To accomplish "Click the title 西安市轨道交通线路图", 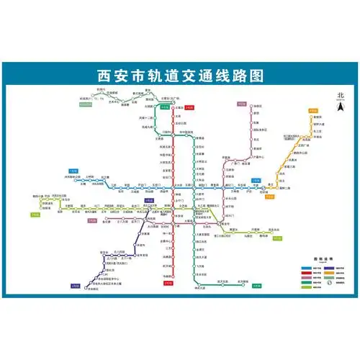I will pyautogui.click(x=180, y=74).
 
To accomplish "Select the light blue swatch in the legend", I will pyautogui.click(x=297, y=267).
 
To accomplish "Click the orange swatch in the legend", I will pyautogui.click(x=317, y=274).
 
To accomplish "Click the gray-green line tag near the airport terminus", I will pyautogui.click(x=84, y=106).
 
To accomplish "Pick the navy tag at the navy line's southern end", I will pyautogui.click(x=74, y=286).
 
